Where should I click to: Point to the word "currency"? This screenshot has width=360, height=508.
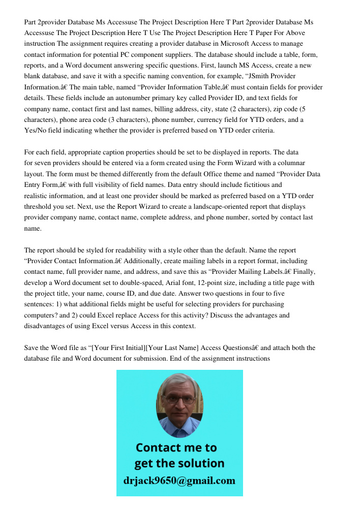[229, 119]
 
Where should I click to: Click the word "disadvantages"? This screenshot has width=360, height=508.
[46, 326]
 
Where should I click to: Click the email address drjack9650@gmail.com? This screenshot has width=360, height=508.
[179, 480]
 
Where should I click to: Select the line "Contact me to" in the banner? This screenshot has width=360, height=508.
[176, 448]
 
